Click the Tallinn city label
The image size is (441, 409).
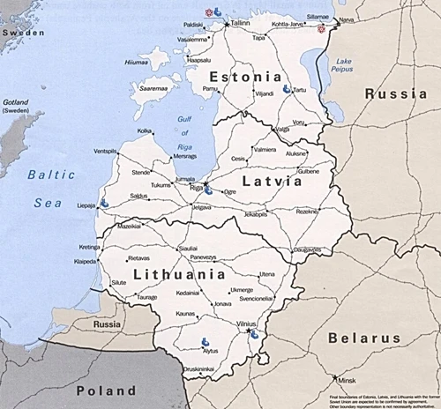[240, 24]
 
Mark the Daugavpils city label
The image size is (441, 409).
[308, 249]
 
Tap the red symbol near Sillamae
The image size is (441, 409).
[321, 28]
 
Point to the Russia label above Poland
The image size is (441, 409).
[107, 323]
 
